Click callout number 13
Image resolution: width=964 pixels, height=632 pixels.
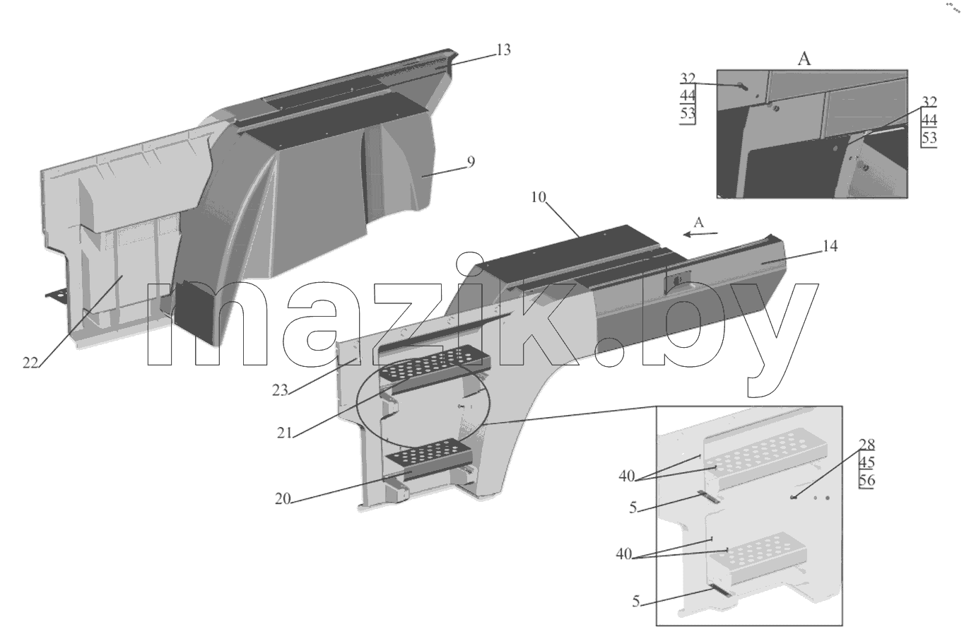pos(503,50)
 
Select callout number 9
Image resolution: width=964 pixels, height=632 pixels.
pos(471,162)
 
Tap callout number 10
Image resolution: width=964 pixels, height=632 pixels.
pos(538,197)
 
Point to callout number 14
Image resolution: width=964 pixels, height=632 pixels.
pos(830,246)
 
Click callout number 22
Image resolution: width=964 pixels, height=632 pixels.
pos(30,363)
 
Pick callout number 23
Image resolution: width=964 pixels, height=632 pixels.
pos(280,390)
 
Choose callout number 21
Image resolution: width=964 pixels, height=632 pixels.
pos(285,433)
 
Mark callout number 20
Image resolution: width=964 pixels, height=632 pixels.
pos(283,499)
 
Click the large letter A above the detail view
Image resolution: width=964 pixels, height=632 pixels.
pos(804,59)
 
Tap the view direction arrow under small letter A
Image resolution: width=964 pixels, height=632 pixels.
pos(700,234)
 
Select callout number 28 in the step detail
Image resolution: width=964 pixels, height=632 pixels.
pos(866,444)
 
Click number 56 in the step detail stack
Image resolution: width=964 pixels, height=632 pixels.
pos(866,480)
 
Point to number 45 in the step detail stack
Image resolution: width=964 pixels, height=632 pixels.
pos(866,462)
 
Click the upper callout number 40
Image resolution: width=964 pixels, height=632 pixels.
pos(627,476)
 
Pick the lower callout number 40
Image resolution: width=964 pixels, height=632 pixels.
pos(623,554)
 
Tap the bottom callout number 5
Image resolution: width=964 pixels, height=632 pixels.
pos(636,602)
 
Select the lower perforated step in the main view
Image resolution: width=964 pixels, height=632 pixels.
pos(428,457)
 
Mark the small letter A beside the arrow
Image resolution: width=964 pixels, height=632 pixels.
pos(698,222)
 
